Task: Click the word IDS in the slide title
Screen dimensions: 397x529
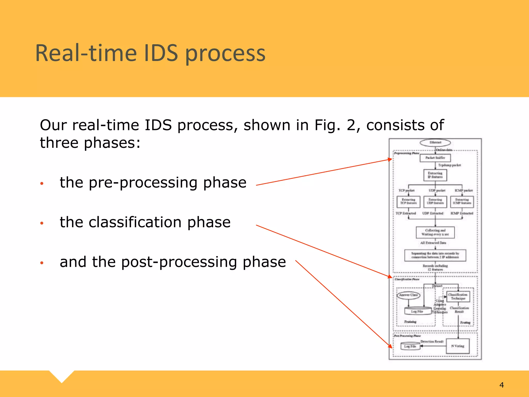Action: tap(161, 53)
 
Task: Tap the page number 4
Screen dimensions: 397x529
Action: tap(501, 385)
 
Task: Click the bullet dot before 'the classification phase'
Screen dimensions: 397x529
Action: tap(42, 223)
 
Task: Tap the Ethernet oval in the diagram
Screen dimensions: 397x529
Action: tap(435, 142)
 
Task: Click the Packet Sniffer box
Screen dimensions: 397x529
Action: tap(435, 158)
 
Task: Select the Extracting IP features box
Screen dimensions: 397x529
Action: tap(435, 175)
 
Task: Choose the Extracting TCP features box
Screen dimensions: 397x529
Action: tap(408, 202)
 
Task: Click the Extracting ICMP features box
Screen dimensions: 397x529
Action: tap(462, 202)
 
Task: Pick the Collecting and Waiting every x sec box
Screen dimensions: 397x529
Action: tap(435, 232)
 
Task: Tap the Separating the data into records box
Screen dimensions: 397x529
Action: tap(435, 255)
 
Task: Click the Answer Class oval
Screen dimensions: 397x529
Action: tap(408, 295)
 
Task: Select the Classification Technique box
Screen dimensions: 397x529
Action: tap(458, 296)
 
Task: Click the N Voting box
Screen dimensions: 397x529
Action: tap(458, 346)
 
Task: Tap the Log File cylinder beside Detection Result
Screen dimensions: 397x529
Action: tap(410, 346)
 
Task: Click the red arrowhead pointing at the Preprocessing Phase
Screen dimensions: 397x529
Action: tap(390, 159)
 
